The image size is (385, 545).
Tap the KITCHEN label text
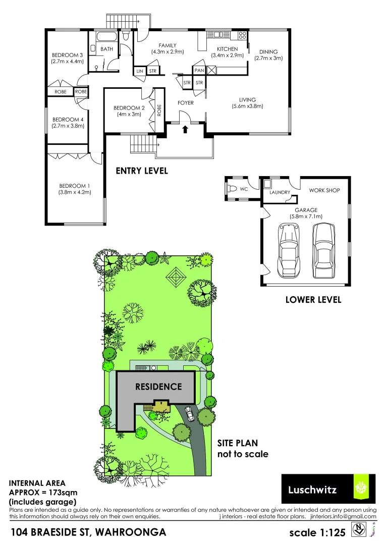(x=227, y=49)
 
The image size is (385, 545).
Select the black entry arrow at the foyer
(x=185, y=129)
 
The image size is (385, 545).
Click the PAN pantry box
(x=199, y=70)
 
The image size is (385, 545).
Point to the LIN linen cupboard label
(x=140, y=71)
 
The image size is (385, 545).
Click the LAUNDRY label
(x=280, y=192)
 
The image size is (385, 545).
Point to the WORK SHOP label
(x=324, y=190)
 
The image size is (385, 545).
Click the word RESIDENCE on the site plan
(x=158, y=387)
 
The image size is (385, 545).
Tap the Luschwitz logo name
(x=312, y=489)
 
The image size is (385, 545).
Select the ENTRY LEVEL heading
(x=142, y=171)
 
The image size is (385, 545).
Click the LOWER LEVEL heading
(x=313, y=299)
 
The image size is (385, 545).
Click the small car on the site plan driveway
(x=189, y=413)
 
